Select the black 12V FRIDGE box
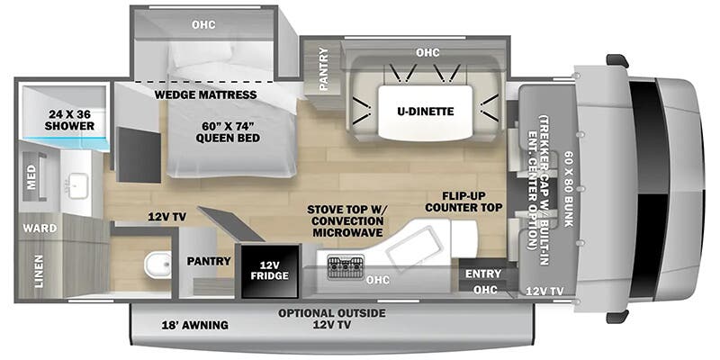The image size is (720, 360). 263,269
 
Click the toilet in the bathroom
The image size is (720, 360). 157,265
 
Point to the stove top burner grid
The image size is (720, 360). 345,266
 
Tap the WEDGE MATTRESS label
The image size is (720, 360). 205,94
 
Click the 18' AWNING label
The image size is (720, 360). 194,325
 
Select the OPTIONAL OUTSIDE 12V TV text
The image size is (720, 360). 331,319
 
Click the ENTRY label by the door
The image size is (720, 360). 483,274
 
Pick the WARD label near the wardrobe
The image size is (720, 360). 40,229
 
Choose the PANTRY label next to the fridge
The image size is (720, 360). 210,261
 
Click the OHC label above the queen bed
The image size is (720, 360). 203,24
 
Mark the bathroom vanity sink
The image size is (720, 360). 71,184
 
